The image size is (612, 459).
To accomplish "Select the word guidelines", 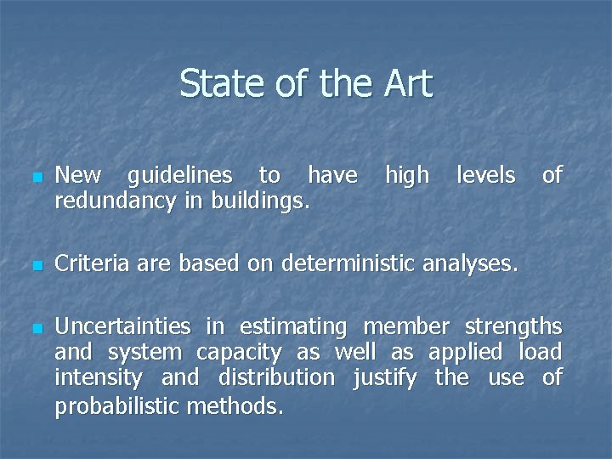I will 179,176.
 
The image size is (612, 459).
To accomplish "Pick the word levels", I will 485,176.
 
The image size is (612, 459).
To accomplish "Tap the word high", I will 407,176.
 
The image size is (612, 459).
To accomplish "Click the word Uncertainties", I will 122,326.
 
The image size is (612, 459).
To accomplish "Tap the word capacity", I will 239,352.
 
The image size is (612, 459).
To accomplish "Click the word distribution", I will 276,377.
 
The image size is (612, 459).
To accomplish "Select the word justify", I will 385,377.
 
